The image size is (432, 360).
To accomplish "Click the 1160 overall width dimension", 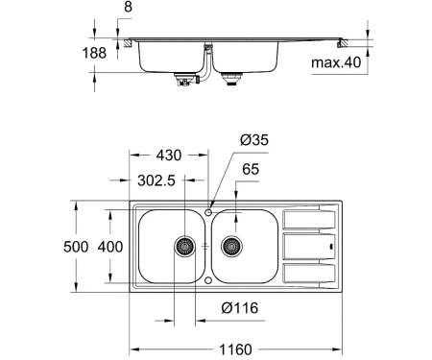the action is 235,349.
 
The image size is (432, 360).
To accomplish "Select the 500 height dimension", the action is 76,247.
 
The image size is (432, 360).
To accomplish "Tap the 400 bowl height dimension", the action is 110,247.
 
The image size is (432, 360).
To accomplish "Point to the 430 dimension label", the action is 169,156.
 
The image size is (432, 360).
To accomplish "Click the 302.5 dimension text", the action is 156,180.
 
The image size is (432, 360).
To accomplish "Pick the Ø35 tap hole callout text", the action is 254,140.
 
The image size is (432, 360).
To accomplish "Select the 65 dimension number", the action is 251,169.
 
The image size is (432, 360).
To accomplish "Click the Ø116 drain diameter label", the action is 240,308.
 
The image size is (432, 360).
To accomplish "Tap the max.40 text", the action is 336,62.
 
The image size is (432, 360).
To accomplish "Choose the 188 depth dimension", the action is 94,53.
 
